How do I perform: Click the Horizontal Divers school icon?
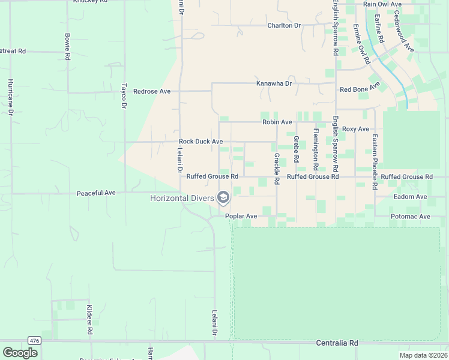[x=223, y=197]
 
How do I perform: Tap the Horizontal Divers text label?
[x=182, y=198]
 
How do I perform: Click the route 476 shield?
[x=34, y=340]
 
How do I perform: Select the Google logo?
[x=20, y=352]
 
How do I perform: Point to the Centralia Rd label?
[x=337, y=343]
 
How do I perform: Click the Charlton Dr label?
[x=284, y=26]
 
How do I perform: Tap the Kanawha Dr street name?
[x=274, y=83]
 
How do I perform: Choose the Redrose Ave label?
[x=152, y=91]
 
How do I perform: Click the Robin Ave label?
[x=277, y=122]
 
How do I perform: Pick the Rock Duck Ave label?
[x=201, y=142]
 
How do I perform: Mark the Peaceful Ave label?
[x=96, y=193]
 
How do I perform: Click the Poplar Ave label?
[x=241, y=216]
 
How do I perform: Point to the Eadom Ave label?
[x=410, y=197]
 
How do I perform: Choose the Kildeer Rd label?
[x=89, y=320]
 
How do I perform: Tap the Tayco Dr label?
[x=125, y=95]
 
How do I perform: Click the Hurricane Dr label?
[x=11, y=97]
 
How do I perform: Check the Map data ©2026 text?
[x=423, y=355]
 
